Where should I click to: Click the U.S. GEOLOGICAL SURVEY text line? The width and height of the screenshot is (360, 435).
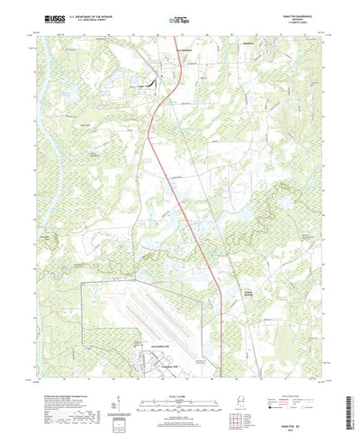[85, 19]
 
